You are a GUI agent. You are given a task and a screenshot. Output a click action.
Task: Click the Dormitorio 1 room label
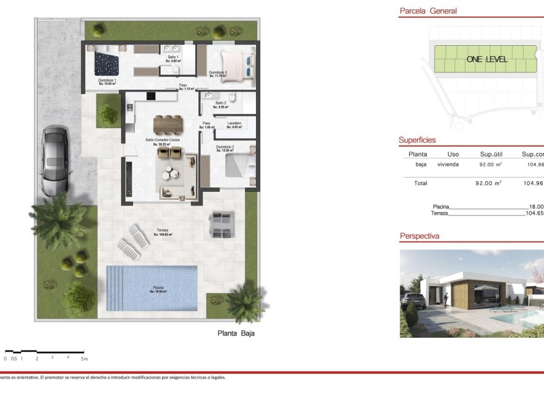(x=107, y=81)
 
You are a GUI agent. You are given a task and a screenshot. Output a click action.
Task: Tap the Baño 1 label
(x=172, y=58)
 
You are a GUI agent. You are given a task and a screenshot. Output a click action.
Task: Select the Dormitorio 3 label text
(x=218, y=73)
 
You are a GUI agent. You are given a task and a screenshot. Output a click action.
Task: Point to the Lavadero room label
(x=234, y=124)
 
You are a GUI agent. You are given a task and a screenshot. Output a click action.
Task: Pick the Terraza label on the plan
(x=163, y=231)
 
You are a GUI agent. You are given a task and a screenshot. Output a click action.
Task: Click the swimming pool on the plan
(x=151, y=288)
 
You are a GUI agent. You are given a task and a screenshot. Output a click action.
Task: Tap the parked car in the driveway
(x=54, y=160)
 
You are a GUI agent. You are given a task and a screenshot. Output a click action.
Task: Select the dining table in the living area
(x=168, y=124)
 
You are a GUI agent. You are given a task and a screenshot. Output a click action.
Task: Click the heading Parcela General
(x=428, y=11)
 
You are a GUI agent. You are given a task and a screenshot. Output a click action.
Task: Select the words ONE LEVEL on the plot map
(x=487, y=59)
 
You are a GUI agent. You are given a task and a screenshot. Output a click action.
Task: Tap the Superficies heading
(x=417, y=140)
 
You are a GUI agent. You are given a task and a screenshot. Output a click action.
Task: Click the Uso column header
(x=453, y=154)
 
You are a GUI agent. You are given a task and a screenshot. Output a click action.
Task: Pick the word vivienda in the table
(x=448, y=165)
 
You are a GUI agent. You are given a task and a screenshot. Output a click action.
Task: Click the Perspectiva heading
(x=419, y=236)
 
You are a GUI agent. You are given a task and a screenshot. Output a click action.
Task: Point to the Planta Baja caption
(x=236, y=333)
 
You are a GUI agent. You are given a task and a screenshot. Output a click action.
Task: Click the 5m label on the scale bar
(x=85, y=358)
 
